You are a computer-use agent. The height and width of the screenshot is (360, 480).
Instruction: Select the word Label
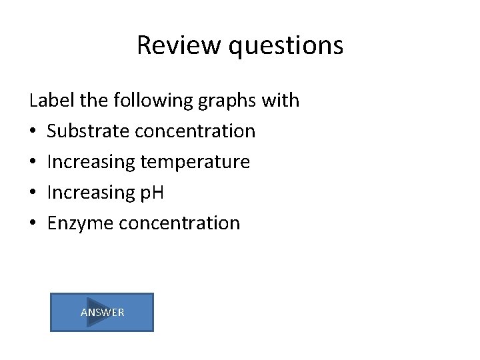click(x=51, y=101)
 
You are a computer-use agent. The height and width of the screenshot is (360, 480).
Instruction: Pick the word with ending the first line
click(x=281, y=101)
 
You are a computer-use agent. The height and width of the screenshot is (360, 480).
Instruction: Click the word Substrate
click(x=88, y=131)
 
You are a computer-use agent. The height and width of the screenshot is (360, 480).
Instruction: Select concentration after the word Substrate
click(x=195, y=131)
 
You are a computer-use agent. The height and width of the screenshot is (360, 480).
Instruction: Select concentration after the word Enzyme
click(x=179, y=223)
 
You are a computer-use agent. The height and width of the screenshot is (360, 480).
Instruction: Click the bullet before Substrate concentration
click(x=33, y=131)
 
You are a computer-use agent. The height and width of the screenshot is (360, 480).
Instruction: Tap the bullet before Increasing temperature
click(x=33, y=162)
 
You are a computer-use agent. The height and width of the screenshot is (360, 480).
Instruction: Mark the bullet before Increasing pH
click(x=33, y=193)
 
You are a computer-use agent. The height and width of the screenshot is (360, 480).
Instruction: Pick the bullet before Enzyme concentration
click(x=33, y=223)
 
